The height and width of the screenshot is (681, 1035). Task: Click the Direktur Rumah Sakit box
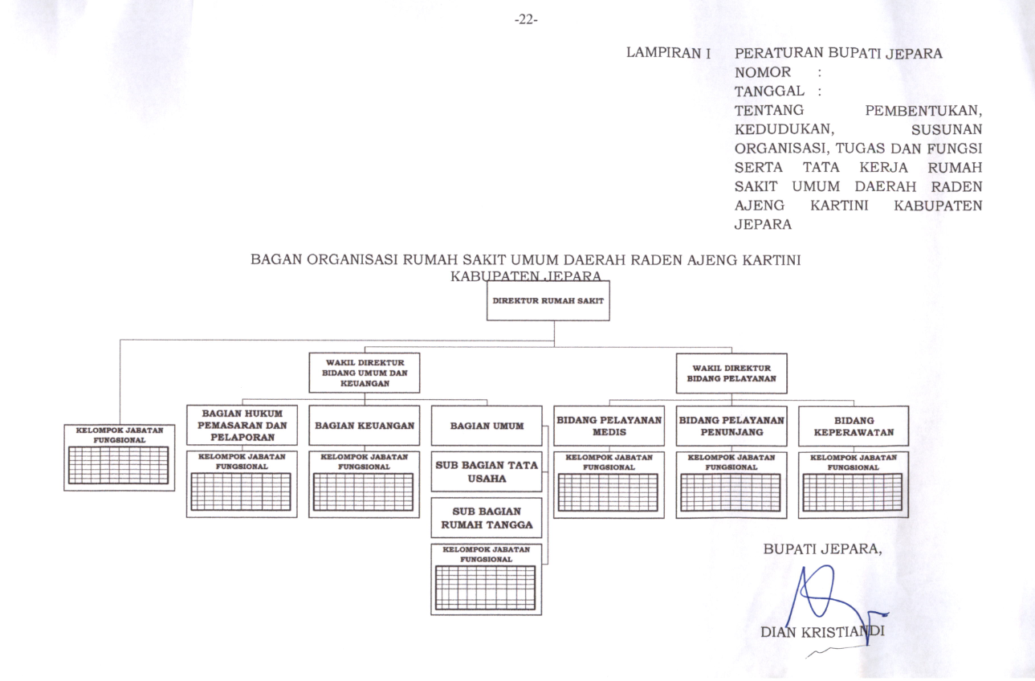(548, 301)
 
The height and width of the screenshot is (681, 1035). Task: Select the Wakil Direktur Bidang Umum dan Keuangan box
(365, 373)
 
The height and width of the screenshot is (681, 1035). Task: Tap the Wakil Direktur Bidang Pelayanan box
(731, 373)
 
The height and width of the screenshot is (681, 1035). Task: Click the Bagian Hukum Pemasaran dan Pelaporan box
(242, 425)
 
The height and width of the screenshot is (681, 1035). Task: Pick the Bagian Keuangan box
(365, 426)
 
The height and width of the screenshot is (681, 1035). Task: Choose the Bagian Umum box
(487, 426)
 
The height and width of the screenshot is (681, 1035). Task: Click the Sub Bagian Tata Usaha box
(487, 471)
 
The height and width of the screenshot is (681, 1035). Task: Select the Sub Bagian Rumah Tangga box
(487, 518)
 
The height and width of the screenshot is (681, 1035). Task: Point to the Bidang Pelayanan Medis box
(609, 426)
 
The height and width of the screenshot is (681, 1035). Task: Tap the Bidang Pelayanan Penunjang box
(731, 426)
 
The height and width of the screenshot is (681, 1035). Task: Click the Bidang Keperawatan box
(854, 426)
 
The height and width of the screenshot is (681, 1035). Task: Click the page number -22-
(526, 20)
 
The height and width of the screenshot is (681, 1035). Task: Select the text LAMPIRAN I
(668, 53)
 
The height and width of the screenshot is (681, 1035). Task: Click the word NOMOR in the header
(763, 72)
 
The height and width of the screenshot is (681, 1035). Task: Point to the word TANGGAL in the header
(769, 91)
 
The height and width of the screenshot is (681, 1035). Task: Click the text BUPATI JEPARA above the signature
(821, 548)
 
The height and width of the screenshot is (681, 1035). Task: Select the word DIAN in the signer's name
(779, 632)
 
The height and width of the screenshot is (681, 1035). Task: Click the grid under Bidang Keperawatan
(853, 492)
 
